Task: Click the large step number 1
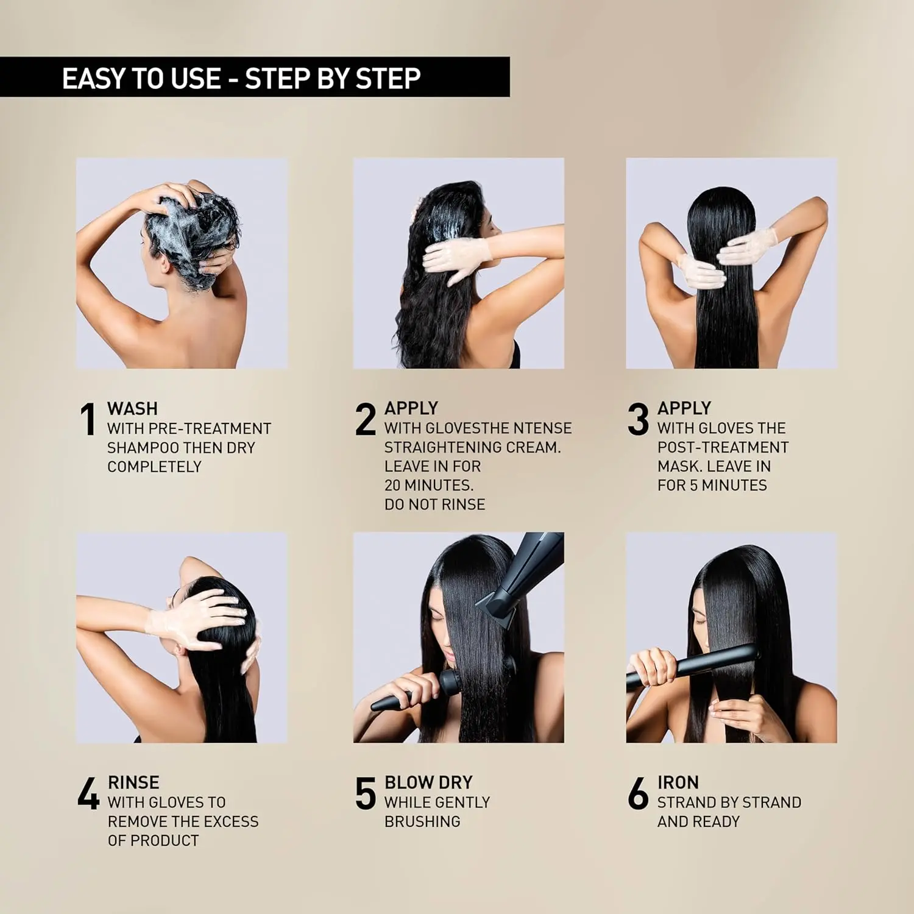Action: (x=88, y=419)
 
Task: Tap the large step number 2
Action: (x=366, y=419)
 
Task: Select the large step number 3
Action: (x=638, y=419)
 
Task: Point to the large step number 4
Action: (x=88, y=793)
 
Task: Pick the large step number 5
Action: (x=366, y=793)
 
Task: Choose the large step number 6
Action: (x=638, y=793)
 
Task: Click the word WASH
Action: (x=132, y=408)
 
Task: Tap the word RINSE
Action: (x=133, y=782)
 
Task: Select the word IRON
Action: (x=678, y=782)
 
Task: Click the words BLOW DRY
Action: (x=428, y=782)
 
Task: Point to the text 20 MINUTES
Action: (x=429, y=486)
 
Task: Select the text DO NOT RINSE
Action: (x=434, y=505)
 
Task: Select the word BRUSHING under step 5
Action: (x=422, y=821)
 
